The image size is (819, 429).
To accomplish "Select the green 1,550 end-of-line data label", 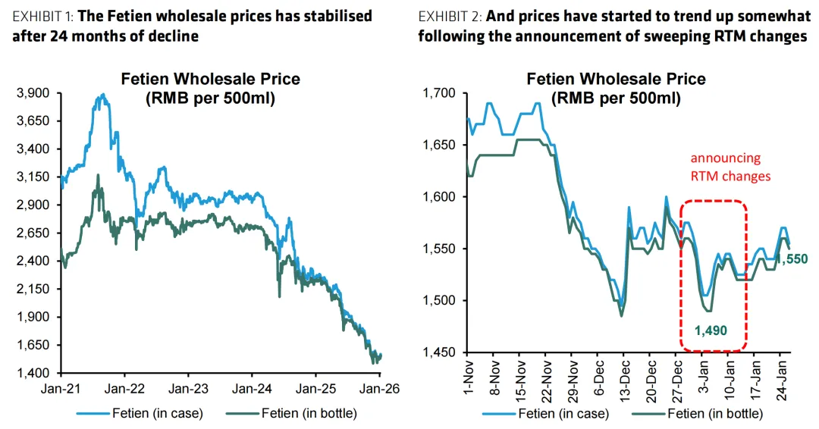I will (x=793, y=259).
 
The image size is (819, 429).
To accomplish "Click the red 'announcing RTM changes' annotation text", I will (x=725, y=167).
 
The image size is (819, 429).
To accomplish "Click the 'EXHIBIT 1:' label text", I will (x=42, y=16).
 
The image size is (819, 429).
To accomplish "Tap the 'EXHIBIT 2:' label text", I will (x=448, y=16).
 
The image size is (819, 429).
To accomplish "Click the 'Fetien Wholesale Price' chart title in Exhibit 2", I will (x=616, y=79).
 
